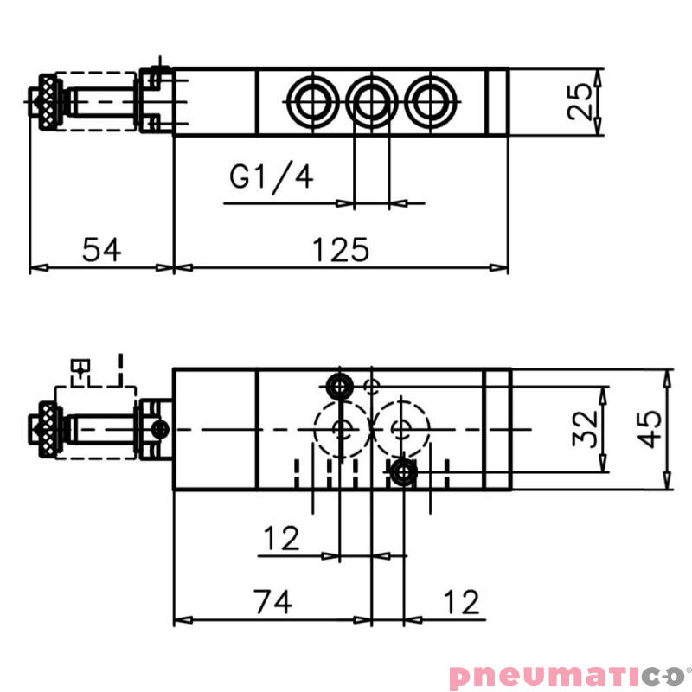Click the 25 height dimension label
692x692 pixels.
(x=585, y=102)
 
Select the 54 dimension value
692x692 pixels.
(x=102, y=250)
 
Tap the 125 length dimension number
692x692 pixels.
(x=341, y=250)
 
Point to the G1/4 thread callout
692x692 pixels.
(x=272, y=176)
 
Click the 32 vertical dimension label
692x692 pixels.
(x=586, y=428)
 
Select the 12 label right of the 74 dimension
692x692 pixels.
(x=460, y=601)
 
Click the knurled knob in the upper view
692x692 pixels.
(x=47, y=102)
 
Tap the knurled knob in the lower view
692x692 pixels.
(x=47, y=429)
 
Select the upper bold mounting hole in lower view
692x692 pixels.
(x=340, y=384)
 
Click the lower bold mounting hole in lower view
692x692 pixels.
(x=402, y=472)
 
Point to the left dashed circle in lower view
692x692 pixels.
(x=340, y=428)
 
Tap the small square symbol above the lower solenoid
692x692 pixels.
(x=80, y=368)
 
